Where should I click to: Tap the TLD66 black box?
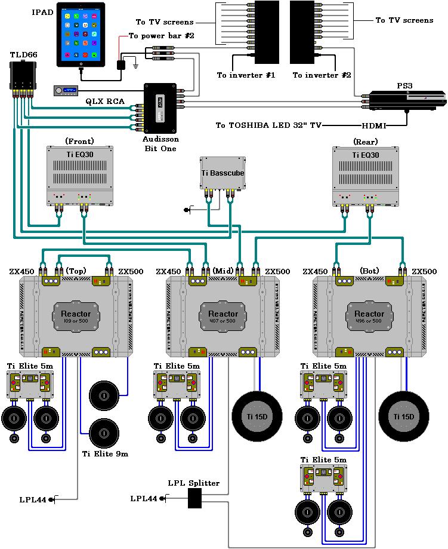point(22,75)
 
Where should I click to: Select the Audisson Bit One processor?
point(160,108)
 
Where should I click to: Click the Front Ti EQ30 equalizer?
point(79,174)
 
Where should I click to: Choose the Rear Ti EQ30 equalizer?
point(365,174)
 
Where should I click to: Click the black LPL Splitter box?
point(194,498)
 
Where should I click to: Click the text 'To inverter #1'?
point(237,75)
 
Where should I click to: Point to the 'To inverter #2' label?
point(321,75)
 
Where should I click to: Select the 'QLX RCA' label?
point(105,102)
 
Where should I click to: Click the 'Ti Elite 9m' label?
point(105,453)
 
